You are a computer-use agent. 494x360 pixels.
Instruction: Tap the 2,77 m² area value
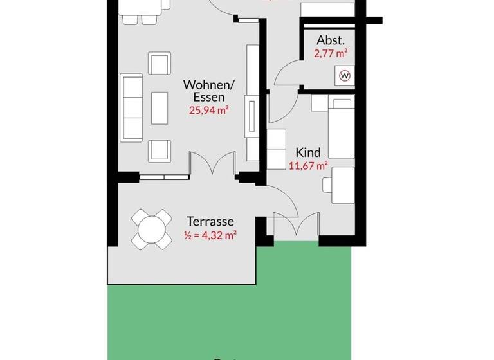tap(331, 54)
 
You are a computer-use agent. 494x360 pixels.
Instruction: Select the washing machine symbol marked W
tap(345, 76)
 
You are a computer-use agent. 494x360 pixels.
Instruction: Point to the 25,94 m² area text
tap(209, 110)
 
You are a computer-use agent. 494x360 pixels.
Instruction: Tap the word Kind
tap(307, 152)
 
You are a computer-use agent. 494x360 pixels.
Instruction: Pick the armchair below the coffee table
tap(159, 150)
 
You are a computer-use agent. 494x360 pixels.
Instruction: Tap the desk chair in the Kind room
tap(327, 184)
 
